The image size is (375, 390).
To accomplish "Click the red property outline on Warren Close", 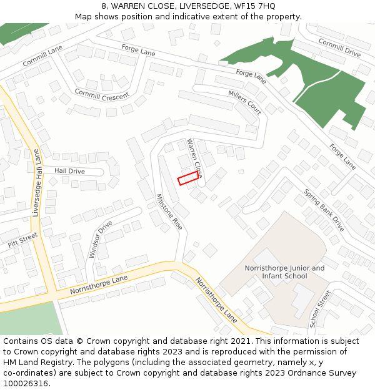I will click(x=188, y=179).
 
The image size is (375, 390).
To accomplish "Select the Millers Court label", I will click(x=244, y=102).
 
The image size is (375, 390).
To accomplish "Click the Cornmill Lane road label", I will click(x=42, y=54).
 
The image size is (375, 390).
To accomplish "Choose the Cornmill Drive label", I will click(x=339, y=48).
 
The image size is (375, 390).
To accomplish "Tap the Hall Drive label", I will click(x=69, y=171).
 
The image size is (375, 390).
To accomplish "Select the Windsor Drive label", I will click(x=101, y=239).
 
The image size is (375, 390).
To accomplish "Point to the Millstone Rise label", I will click(x=169, y=212).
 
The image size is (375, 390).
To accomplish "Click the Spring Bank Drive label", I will click(x=324, y=210).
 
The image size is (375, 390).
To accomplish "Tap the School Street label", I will click(x=319, y=309).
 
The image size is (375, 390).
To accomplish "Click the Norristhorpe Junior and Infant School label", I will click(x=284, y=272).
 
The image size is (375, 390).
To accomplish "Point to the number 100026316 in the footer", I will click(x=26, y=383).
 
